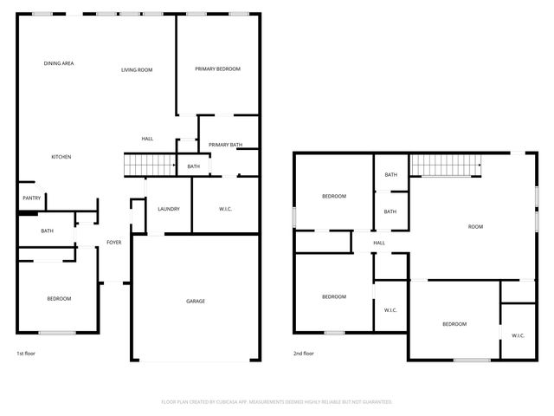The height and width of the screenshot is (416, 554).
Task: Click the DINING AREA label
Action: pyautogui.click(x=59, y=63)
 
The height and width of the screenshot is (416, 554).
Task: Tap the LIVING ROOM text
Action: pyautogui.click(x=137, y=69)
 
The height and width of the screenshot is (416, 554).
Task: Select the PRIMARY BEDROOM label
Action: pyautogui.click(x=217, y=68)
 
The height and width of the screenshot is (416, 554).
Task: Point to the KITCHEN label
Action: pyautogui.click(x=61, y=157)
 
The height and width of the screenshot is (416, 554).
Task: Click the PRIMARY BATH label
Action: pyautogui.click(x=225, y=145)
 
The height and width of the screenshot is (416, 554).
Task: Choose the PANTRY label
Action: pyautogui.click(x=31, y=198)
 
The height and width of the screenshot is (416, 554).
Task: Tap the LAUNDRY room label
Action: pyautogui.click(x=168, y=209)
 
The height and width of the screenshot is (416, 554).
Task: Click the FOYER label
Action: pyautogui.click(x=113, y=242)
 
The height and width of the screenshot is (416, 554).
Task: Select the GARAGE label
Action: pyautogui.click(x=196, y=301)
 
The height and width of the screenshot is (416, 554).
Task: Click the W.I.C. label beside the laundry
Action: pyautogui.click(x=225, y=209)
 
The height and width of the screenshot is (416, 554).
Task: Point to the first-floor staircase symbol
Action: pyautogui.click(x=149, y=164)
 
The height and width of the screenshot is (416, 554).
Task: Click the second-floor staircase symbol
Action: pyautogui.click(x=445, y=163)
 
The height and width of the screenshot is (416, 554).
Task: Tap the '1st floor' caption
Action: pyautogui.click(x=26, y=354)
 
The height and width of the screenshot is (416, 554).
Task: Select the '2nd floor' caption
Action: pyautogui.click(x=303, y=354)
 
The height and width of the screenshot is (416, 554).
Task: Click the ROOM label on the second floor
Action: pyautogui.click(x=475, y=226)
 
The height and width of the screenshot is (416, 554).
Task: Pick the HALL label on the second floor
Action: pyautogui.click(x=379, y=243)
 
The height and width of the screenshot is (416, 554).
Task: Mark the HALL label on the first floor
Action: pyautogui.click(x=147, y=139)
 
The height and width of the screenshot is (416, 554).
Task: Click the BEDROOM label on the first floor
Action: pyautogui.click(x=59, y=298)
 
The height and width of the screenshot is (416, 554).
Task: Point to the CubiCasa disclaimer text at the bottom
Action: pyautogui.click(x=277, y=402)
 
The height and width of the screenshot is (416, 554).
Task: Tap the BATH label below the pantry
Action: pyautogui.click(x=47, y=231)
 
